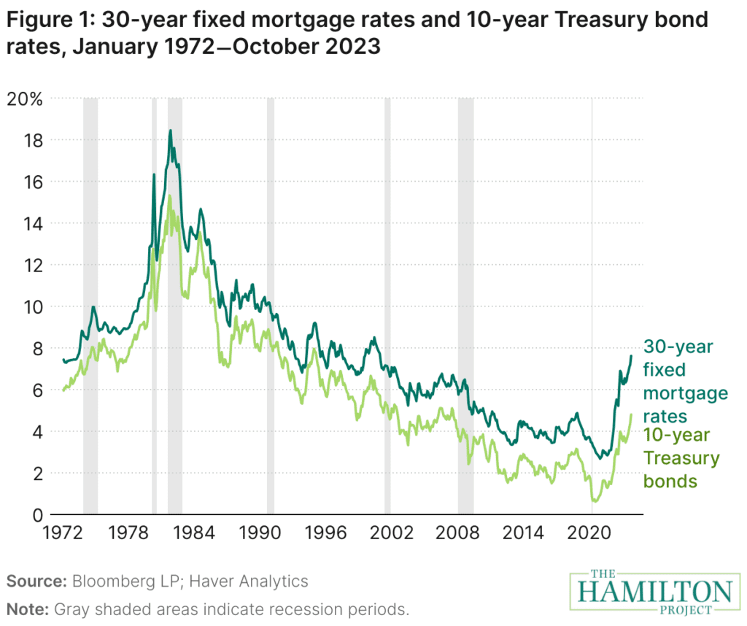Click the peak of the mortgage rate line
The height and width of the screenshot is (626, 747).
tap(171, 131)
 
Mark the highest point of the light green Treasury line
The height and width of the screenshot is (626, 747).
tap(170, 196)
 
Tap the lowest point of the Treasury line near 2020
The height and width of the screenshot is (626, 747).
tap(595, 501)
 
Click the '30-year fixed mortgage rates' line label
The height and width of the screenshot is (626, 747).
tap(684, 381)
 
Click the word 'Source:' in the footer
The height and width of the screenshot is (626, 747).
tap(37, 581)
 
